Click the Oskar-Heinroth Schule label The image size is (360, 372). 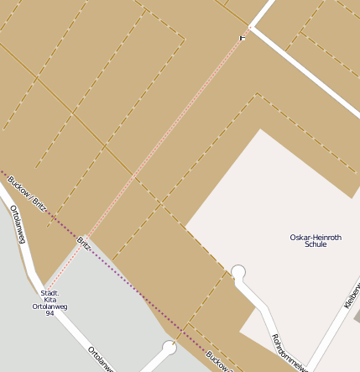pyautogui.click(x=309, y=240)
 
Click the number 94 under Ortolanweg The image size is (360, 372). pyautogui.click(x=50, y=313)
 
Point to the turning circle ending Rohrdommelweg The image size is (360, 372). pyautogui.click(x=238, y=272)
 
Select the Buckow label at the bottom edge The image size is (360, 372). pyautogui.click(x=217, y=361)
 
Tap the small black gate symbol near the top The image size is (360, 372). pyautogui.click(x=243, y=37)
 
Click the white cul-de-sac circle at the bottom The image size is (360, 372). pyautogui.click(x=170, y=347)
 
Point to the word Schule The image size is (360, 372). pyautogui.click(x=316, y=244)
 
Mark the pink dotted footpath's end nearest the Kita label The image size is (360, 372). pyautogui.click(x=47, y=286)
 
